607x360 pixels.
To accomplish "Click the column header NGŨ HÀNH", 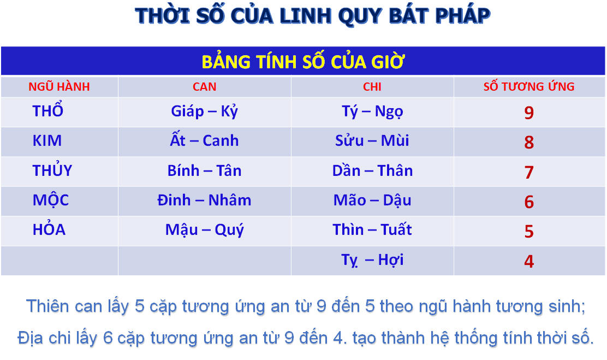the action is (x=59, y=86).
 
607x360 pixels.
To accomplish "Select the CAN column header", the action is (x=204, y=86).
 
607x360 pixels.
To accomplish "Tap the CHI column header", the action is (x=372, y=86).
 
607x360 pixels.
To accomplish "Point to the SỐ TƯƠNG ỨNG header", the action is (x=529, y=86).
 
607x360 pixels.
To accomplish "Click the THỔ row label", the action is (x=47, y=110).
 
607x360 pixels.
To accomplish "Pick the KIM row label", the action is (x=47, y=140).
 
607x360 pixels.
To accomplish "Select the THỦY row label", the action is (x=52, y=170).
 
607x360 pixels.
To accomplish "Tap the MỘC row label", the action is (x=50, y=200).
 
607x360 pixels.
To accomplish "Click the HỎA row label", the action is (x=49, y=229).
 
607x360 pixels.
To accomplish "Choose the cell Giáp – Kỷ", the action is (x=204, y=111).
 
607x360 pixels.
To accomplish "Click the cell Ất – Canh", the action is (x=204, y=140).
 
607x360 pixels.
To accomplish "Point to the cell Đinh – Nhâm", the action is (x=204, y=200).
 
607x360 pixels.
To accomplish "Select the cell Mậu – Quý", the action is (x=204, y=230).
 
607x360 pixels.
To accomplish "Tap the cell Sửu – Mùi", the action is (x=372, y=140).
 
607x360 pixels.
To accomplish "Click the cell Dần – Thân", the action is (x=372, y=170).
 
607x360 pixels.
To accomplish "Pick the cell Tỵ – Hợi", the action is (x=372, y=259).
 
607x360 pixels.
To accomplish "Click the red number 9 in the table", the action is (x=529, y=113).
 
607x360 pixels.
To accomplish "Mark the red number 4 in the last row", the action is (x=529, y=261).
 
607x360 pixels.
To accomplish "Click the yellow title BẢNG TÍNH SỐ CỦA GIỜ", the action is (x=303, y=62).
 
